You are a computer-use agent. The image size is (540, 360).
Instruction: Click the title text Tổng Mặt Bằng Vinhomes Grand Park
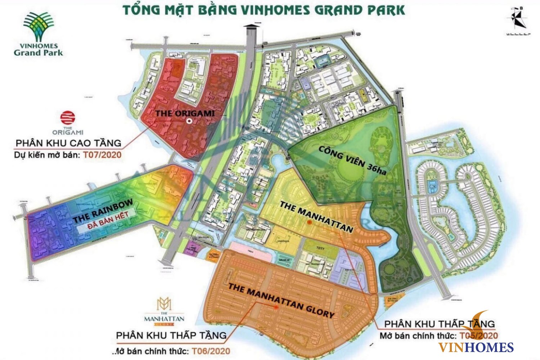coord(264,10)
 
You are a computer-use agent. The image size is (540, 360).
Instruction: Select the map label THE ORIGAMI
coord(185,113)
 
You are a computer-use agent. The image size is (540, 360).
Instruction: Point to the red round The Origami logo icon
coord(68,118)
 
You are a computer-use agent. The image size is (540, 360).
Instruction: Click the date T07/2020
coord(102,155)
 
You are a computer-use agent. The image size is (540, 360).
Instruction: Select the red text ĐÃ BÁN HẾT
coord(108,220)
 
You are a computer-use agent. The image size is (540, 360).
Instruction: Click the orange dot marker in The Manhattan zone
coord(309,223)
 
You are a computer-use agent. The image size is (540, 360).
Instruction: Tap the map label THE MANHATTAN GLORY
coord(282,301)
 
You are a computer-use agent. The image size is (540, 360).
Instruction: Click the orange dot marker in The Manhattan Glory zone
coord(276,307)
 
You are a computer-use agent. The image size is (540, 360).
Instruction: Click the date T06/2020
coord(211,351)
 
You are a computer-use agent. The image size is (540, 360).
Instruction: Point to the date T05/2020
coord(478,336)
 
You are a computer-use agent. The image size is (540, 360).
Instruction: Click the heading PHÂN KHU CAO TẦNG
coord(68,143)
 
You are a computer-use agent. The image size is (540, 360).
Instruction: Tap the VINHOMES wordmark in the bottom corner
coord(476,347)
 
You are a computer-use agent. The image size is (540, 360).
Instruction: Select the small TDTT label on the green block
coord(320,248)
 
